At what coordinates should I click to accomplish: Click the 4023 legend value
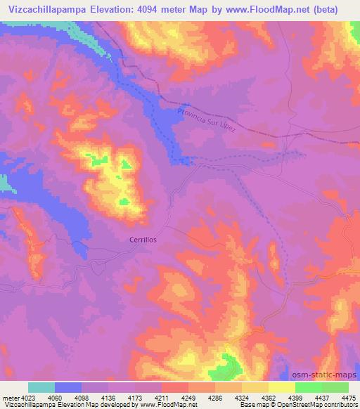29,398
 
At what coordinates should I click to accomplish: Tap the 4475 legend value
347,398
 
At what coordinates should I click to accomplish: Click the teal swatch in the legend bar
41,387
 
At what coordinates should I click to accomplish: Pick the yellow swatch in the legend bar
281,387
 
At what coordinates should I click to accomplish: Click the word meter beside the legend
10,398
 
